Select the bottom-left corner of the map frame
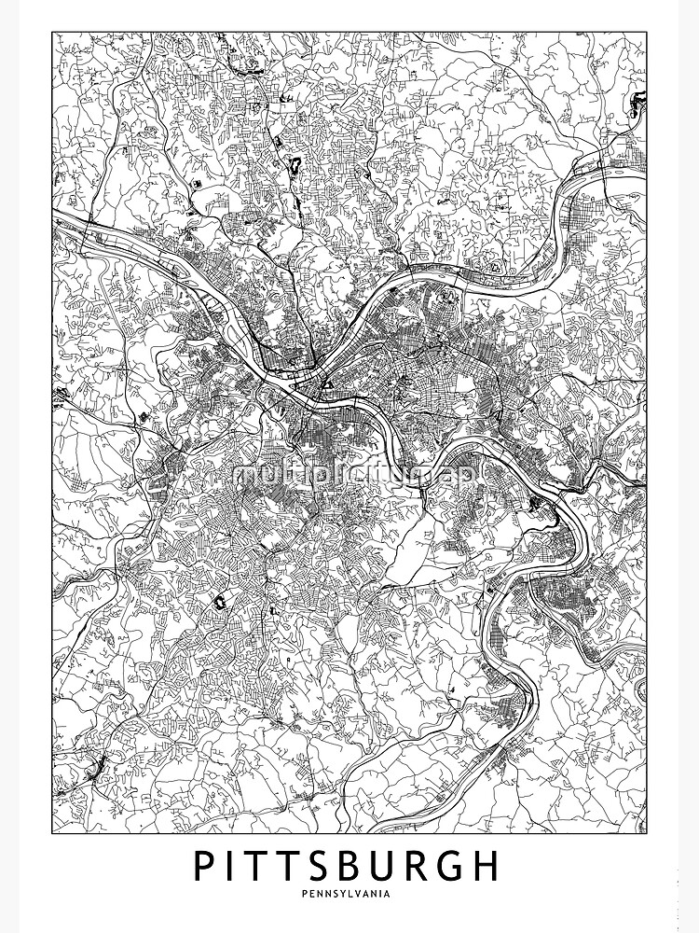[52, 833]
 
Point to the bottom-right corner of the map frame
[647, 833]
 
